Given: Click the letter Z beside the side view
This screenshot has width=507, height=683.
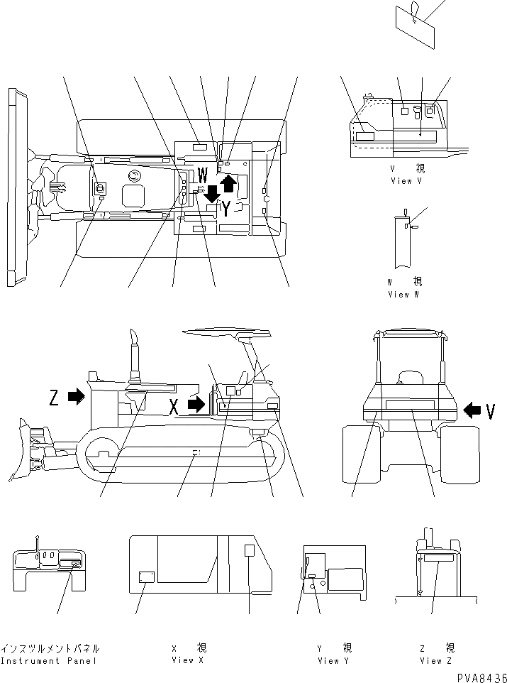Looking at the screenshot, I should tap(54, 398).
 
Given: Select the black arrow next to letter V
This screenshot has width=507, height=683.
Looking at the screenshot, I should tap(470, 410).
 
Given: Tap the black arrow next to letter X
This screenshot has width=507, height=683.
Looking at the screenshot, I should tap(196, 405).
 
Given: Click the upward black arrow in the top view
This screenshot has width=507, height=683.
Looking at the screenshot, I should tap(228, 185).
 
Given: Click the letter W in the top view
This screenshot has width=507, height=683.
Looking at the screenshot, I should tap(202, 173).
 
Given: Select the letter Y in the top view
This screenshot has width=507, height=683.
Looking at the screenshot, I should tap(225, 207).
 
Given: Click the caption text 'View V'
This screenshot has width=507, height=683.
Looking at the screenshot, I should tap(406, 181).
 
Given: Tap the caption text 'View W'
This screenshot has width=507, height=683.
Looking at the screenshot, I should tap(403, 294).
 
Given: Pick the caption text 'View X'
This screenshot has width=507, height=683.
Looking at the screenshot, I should tap(187, 660).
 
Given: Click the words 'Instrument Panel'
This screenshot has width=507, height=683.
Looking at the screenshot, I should tap(50, 660).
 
